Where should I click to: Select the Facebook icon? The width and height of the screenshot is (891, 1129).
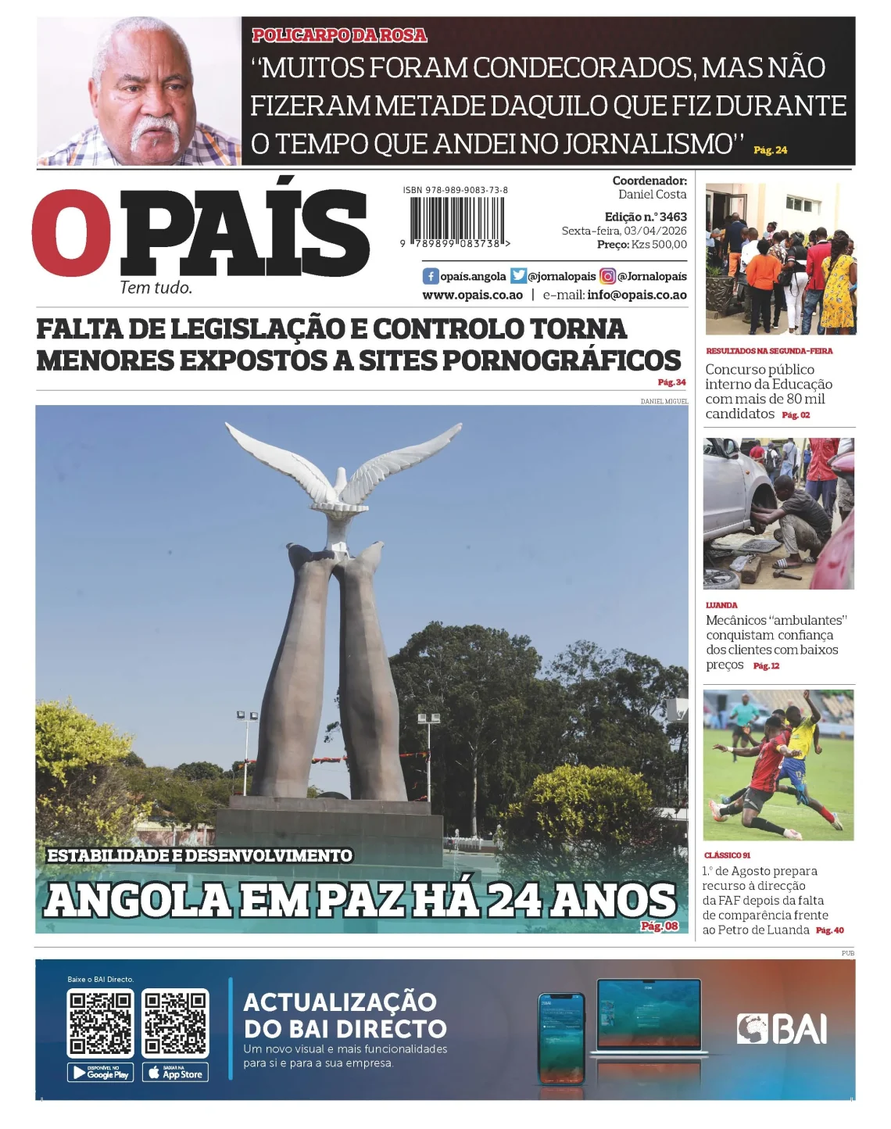pyautogui.click(x=431, y=276)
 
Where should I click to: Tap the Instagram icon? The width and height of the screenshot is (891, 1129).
pyautogui.click(x=607, y=276)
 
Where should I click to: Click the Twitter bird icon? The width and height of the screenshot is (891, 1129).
pyautogui.click(x=518, y=276)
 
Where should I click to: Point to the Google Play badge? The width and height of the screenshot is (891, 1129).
pyautogui.click(x=101, y=1073)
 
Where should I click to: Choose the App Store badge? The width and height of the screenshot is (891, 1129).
pyautogui.click(x=175, y=1073)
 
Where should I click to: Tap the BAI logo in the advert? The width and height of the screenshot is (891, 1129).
pyautogui.click(x=782, y=1029)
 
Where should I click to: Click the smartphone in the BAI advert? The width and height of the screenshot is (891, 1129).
pyautogui.click(x=561, y=1038)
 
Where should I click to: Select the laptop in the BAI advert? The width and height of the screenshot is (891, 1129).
pyautogui.click(x=649, y=1018)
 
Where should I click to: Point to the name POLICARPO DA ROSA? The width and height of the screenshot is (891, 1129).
pyautogui.click(x=339, y=35)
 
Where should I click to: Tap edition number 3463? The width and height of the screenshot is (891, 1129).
pyautogui.click(x=673, y=217)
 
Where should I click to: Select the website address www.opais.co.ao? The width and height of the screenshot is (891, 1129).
pyautogui.click(x=472, y=296)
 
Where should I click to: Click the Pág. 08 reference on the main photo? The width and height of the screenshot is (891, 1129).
pyautogui.click(x=660, y=926)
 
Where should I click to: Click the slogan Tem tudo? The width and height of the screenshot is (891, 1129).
pyautogui.click(x=156, y=288)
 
